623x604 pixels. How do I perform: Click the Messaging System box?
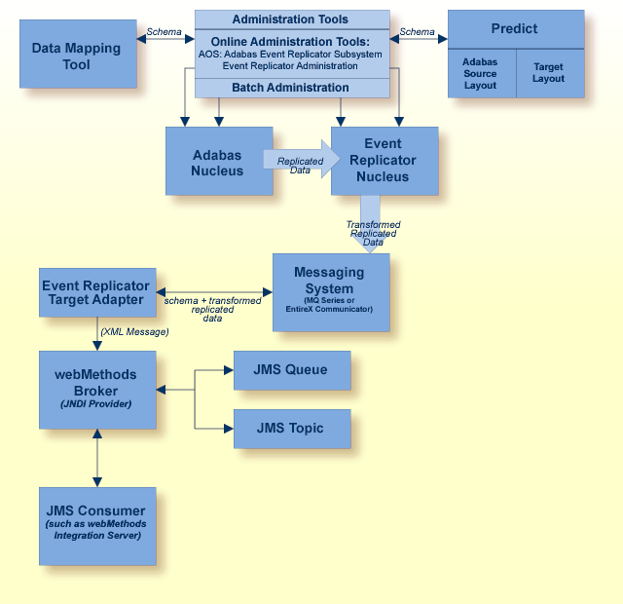pyautogui.click(x=330, y=292)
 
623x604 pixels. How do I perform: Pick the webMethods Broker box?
pyautogui.click(x=96, y=389)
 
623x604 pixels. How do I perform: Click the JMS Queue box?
pyautogui.click(x=291, y=370)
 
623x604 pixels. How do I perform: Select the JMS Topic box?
pyautogui.click(x=291, y=429)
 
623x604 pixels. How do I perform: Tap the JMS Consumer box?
pyautogui.click(x=96, y=522)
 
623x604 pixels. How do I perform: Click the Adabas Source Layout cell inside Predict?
pyautogui.click(x=480, y=73)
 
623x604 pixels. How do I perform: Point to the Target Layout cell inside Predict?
pyautogui.click(x=548, y=73)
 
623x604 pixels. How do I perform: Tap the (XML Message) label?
pyautogui.click(x=133, y=332)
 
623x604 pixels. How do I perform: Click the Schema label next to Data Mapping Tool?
pyautogui.click(x=163, y=32)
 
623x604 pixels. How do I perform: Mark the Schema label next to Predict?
pyautogui.click(x=417, y=32)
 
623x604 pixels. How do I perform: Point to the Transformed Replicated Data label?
pyautogui.click(x=373, y=233)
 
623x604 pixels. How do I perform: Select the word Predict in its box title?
pyautogui.click(x=515, y=29)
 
